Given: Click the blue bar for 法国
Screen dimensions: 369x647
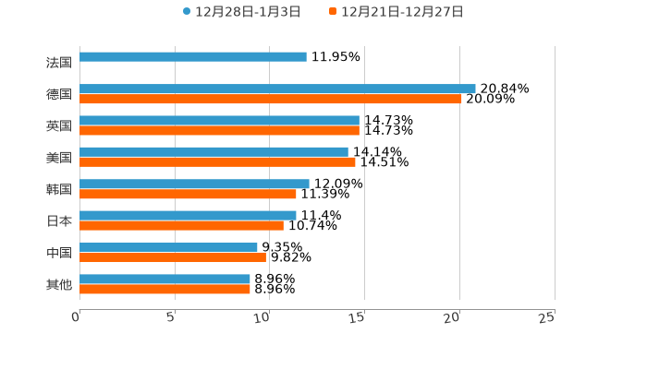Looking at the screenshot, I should pos(193,57).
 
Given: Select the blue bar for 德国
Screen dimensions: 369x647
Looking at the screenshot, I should pos(277,89).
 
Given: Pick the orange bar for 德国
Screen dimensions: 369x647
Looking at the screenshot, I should pos(271,99).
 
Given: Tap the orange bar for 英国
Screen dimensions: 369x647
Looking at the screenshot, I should pos(219,130).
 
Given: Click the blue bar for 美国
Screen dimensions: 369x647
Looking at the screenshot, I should pos(214,152).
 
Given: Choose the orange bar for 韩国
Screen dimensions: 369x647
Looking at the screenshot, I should pos(188,194).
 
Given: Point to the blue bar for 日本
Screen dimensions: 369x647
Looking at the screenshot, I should pos(188,216).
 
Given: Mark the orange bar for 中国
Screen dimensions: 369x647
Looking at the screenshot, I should pos(173,257).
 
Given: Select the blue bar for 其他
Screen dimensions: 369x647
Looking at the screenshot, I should pos(165,279).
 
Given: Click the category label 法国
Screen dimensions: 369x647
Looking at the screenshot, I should pos(59,63).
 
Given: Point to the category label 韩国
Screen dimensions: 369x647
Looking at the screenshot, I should pos(59,189).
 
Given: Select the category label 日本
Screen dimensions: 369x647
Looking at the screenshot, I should pos(59,221).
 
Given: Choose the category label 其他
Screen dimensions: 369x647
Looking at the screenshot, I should pos(59,284).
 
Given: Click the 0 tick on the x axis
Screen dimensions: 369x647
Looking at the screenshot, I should pos(76,317).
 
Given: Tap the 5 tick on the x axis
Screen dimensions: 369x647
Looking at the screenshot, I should pos(171,317).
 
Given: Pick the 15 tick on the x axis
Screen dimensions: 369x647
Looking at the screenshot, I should pos(358,317).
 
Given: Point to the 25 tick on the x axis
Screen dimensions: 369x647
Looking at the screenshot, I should pos(546,317).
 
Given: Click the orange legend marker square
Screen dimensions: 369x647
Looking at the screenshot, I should pos(333,12).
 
